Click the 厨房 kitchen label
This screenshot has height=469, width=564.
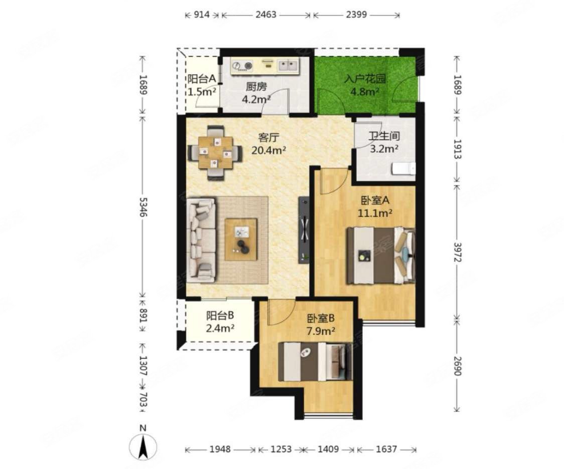(256, 87)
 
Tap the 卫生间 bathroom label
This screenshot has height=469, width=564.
(384, 136)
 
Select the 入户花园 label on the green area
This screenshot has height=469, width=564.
(365, 79)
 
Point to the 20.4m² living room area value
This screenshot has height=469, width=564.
(268, 150)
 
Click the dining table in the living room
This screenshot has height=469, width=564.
(215, 153)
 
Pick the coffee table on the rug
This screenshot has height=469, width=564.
(241, 239)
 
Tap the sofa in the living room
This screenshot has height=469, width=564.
(201, 240)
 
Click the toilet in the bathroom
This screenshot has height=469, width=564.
(403, 169)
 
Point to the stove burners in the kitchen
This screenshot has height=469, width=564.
(242, 66)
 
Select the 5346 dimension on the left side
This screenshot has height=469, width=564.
(143, 207)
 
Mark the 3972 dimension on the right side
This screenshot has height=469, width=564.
(457, 253)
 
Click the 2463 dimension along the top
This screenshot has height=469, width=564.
(266, 15)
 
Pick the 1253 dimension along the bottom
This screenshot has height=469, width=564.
(280, 449)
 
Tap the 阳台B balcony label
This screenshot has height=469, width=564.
(220, 316)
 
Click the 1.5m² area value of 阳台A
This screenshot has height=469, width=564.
(202, 92)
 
